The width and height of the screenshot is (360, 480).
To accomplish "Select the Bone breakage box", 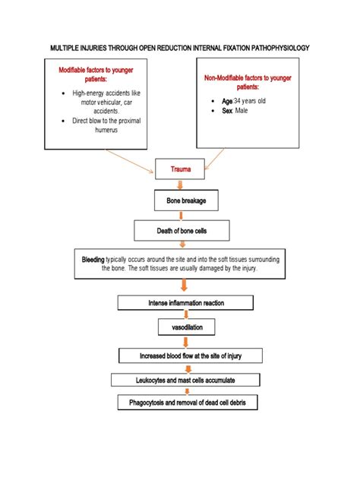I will pyautogui.click(x=181, y=201).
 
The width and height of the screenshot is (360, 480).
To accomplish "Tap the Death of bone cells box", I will pyautogui.click(x=181, y=229).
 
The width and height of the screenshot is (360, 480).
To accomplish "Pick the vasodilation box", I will pyautogui.click(x=186, y=328).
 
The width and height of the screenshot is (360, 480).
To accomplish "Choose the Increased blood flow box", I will pyautogui.click(x=190, y=355).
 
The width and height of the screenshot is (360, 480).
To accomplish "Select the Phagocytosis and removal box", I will pyautogui.click(x=188, y=403).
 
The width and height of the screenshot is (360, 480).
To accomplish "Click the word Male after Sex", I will pyautogui.click(x=242, y=111).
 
